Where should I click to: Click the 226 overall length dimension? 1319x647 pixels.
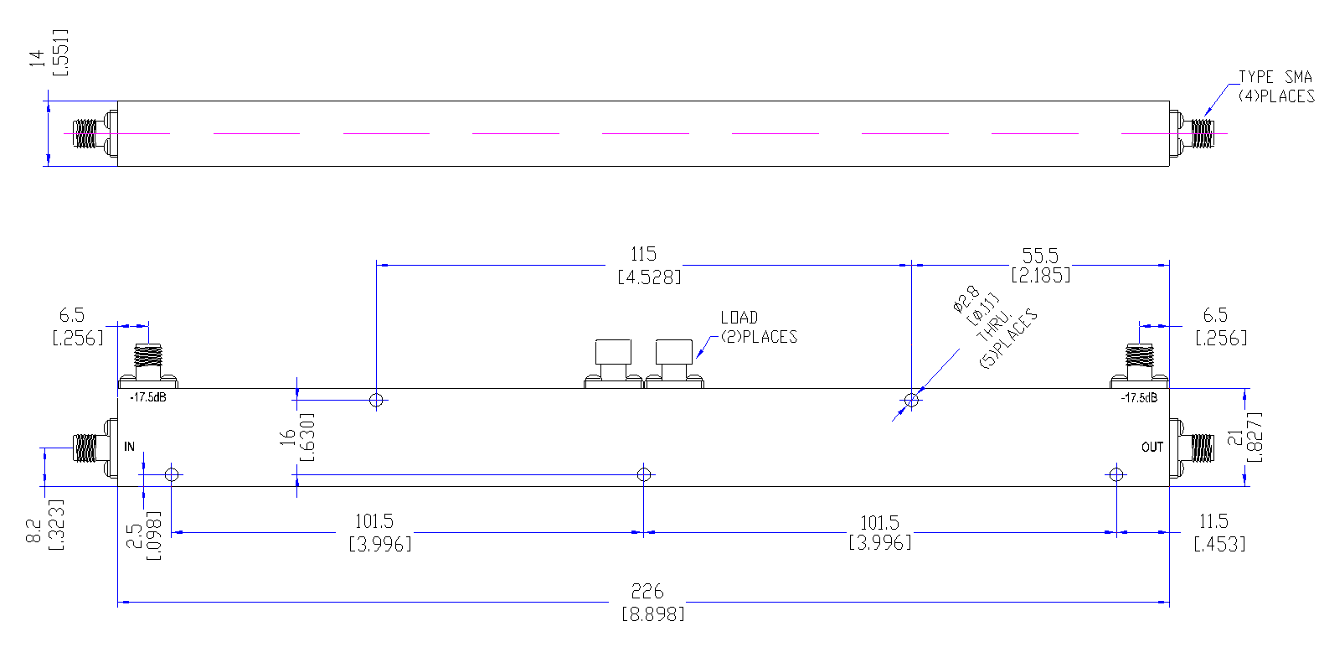pyautogui.click(x=647, y=591)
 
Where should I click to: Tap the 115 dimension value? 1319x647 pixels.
pyautogui.click(x=643, y=254)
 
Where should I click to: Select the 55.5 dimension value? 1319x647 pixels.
pyautogui.click(x=1040, y=256)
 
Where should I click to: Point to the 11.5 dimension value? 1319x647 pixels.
pyautogui.click(x=1213, y=521)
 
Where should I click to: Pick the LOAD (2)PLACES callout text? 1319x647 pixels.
pyautogui.click(x=759, y=327)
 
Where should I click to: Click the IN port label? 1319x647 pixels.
pyautogui.click(x=130, y=447)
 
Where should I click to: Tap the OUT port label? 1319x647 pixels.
pyautogui.click(x=1152, y=448)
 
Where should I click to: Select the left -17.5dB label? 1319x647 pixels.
pyautogui.click(x=147, y=398)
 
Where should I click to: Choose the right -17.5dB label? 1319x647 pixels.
pyautogui.click(x=1139, y=398)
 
